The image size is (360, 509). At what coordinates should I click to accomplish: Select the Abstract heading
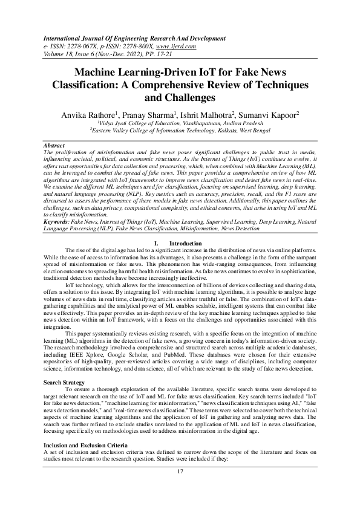click(56, 146)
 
